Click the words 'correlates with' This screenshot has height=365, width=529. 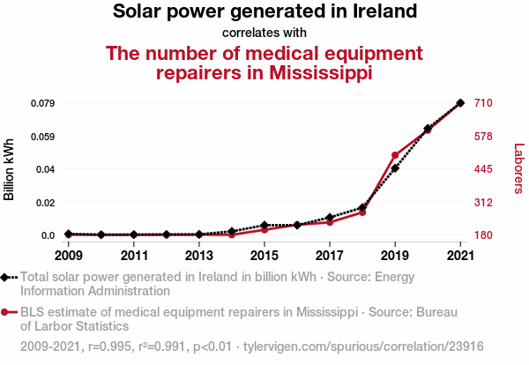click(264, 34)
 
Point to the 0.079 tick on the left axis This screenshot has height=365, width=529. click(42, 103)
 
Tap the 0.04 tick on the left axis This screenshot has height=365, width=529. click(47, 169)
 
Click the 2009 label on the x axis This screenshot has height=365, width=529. click(68, 256)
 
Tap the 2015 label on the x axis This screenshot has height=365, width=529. click(264, 256)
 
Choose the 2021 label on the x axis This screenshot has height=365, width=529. click(460, 256)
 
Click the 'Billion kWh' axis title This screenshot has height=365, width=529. click(10, 168)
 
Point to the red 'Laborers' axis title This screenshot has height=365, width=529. click(518, 169)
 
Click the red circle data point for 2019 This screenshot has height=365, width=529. click(395, 155)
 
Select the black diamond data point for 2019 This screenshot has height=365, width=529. click(395, 168)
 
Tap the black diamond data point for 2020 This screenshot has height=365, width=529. click(428, 129)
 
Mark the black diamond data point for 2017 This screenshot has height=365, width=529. click(330, 217)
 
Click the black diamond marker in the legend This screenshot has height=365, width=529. click(7, 277)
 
